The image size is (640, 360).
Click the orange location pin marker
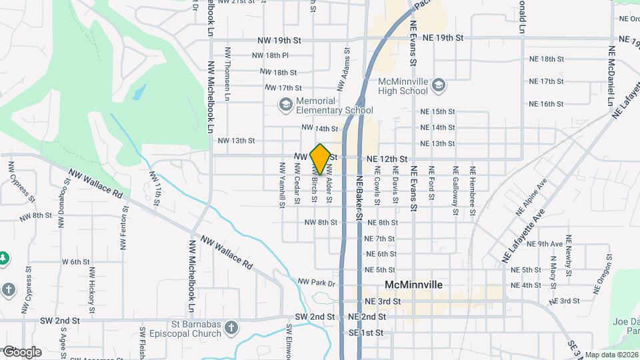pyautogui.click(x=320, y=159)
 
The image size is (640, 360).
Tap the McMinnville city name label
pyautogui.click(x=413, y=285)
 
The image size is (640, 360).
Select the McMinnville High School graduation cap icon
pyautogui.click(x=439, y=85)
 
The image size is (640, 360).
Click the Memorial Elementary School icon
pyautogui.click(x=286, y=104)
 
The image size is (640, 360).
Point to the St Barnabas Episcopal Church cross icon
pyautogui.click(x=231, y=327)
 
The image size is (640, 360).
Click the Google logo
pyautogui.click(x=21, y=352)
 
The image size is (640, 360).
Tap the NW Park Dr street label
pyautogui.click(x=316, y=283)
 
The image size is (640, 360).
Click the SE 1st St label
pyautogui.click(x=366, y=332)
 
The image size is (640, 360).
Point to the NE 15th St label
pyautogui.click(x=437, y=111)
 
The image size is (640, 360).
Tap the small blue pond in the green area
pyautogui.click(x=139, y=92)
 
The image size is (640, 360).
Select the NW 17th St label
pyautogui.click(x=283, y=88)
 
